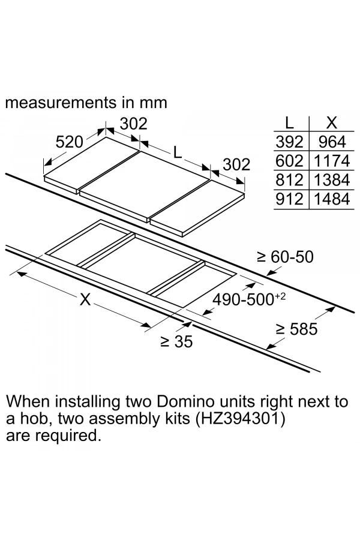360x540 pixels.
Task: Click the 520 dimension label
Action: pyautogui.click(x=69, y=142)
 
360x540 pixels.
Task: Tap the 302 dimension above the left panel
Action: pyautogui.click(x=133, y=124)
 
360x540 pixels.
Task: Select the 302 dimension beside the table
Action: pyautogui.click(x=236, y=164)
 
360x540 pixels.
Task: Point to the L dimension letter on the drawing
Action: pyautogui.click(x=178, y=152)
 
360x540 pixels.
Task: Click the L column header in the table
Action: pyautogui.click(x=289, y=124)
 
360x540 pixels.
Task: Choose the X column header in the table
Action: pyautogui.click(x=331, y=124)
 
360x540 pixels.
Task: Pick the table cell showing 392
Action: pyautogui.click(x=290, y=142)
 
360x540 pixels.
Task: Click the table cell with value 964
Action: pyautogui.click(x=331, y=142)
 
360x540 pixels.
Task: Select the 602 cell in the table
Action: pyautogui.click(x=290, y=161)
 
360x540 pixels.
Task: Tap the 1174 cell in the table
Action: pyautogui.click(x=331, y=161)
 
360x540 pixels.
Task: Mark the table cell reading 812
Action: pyautogui.click(x=290, y=180)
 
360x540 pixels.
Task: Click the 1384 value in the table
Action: pyautogui.click(x=331, y=180)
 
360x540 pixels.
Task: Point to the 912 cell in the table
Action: pyautogui.click(x=290, y=199)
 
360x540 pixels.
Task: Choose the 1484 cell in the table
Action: pyautogui.click(x=331, y=199)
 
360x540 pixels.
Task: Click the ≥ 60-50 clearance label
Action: pyautogui.click(x=285, y=257)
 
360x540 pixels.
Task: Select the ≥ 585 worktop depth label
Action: pyautogui.click(x=296, y=329)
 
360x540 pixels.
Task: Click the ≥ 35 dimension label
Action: pyautogui.click(x=176, y=343)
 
